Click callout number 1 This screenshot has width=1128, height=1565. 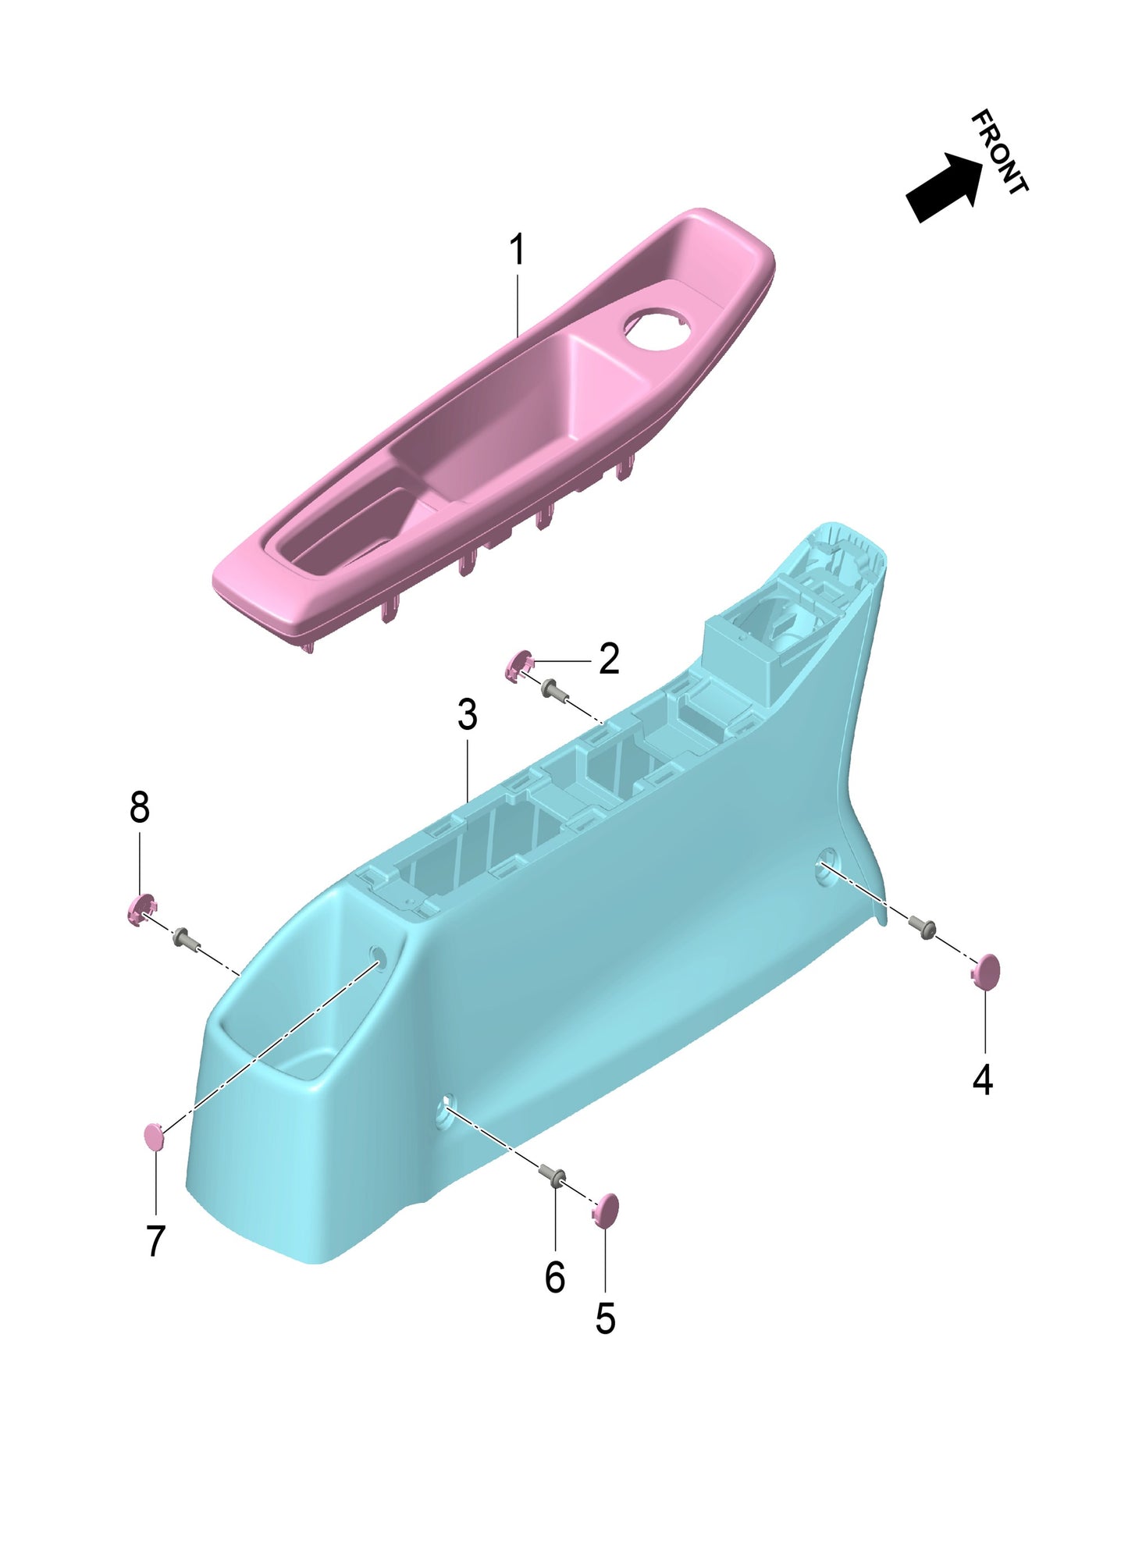[x=516, y=251]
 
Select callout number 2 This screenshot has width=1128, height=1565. [x=609, y=660]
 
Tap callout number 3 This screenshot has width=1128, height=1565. [x=467, y=715]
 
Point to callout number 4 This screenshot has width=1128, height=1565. [x=982, y=1079]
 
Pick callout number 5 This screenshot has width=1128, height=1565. [x=605, y=1319]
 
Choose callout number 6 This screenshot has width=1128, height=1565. [x=554, y=1278]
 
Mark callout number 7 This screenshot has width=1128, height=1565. [x=156, y=1240]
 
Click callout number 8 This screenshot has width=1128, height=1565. [x=139, y=807]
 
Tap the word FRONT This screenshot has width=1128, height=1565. [x=1000, y=151]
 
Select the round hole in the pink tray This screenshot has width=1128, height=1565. [x=657, y=329]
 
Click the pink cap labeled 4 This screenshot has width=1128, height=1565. [x=987, y=972]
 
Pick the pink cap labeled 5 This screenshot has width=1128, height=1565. [x=606, y=1211]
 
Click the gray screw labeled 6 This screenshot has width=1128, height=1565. [x=555, y=1176]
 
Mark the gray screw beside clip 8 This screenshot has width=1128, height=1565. [x=183, y=936]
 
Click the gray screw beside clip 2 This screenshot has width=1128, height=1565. [x=553, y=688]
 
